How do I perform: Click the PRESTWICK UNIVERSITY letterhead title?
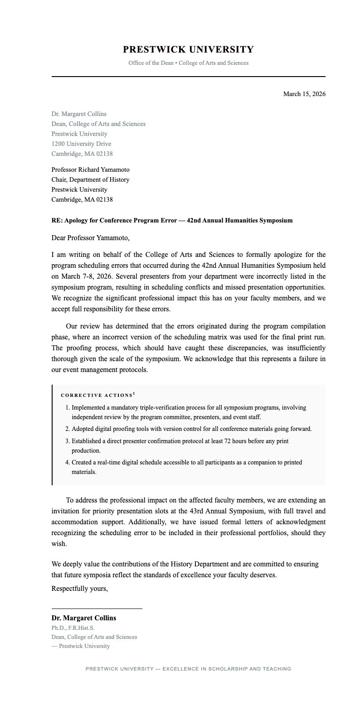(x=188, y=49)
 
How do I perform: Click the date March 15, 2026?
(x=304, y=94)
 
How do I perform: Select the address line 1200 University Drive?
(x=81, y=144)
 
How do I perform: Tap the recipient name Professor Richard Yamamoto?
(x=90, y=169)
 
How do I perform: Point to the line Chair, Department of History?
(x=90, y=179)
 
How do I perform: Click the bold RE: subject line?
(x=172, y=220)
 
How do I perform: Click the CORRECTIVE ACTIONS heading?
(x=97, y=396)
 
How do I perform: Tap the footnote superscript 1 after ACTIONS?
(x=134, y=394)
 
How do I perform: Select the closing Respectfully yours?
(x=79, y=589)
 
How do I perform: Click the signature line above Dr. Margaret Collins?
(x=97, y=609)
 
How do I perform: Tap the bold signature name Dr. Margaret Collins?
(x=83, y=618)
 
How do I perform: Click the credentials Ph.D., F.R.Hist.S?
(x=73, y=628)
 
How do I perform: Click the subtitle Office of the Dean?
(x=151, y=63)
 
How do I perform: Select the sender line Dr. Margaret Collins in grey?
(x=79, y=114)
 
